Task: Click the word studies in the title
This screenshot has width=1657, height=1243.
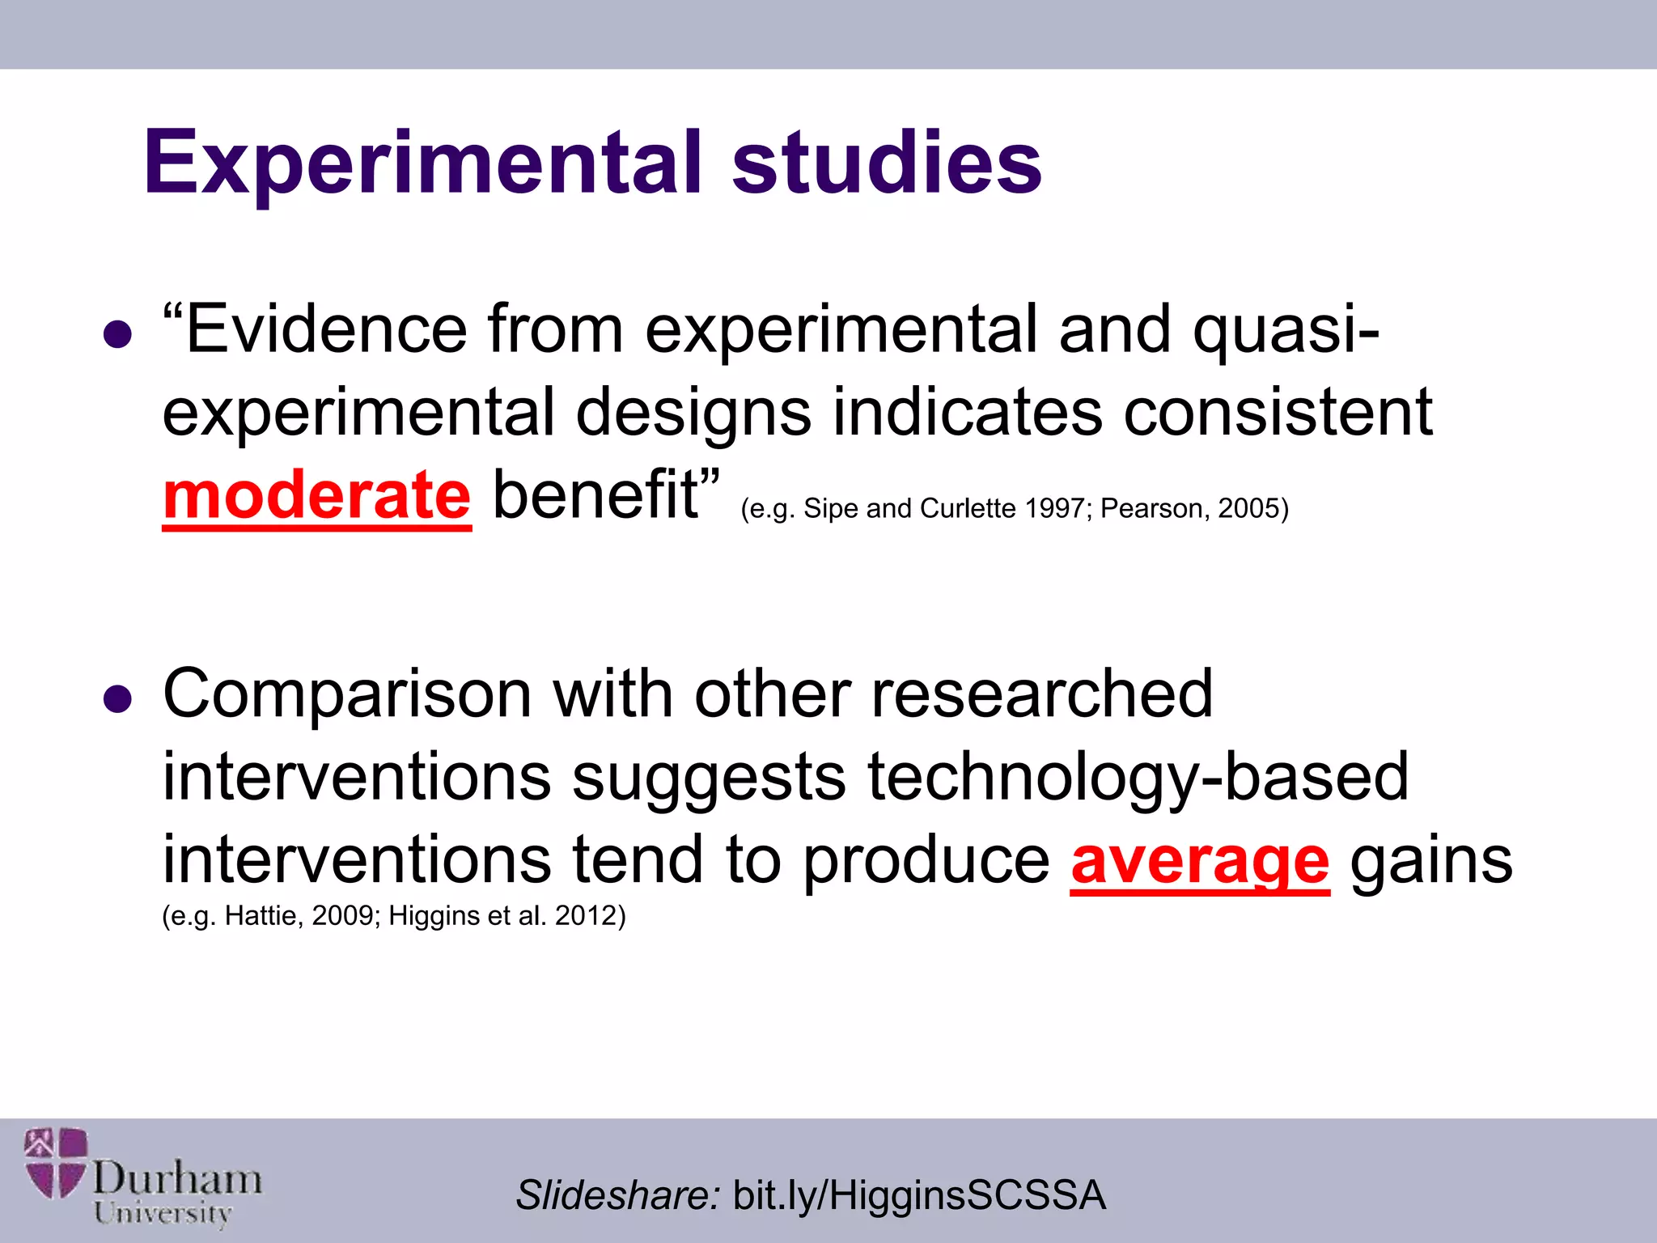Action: (x=887, y=163)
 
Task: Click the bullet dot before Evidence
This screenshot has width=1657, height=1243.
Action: (x=118, y=334)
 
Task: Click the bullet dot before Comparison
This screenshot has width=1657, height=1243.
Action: (x=118, y=698)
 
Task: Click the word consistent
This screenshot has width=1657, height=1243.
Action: (x=1278, y=413)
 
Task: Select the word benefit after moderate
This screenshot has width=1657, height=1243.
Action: (x=595, y=495)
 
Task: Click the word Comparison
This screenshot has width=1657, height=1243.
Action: (x=348, y=694)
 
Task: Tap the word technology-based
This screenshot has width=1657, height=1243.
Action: (x=1138, y=777)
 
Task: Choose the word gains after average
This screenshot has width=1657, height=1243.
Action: (x=1430, y=861)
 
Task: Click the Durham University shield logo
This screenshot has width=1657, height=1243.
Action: (x=56, y=1163)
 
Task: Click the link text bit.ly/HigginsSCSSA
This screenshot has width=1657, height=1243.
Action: (x=919, y=1195)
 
